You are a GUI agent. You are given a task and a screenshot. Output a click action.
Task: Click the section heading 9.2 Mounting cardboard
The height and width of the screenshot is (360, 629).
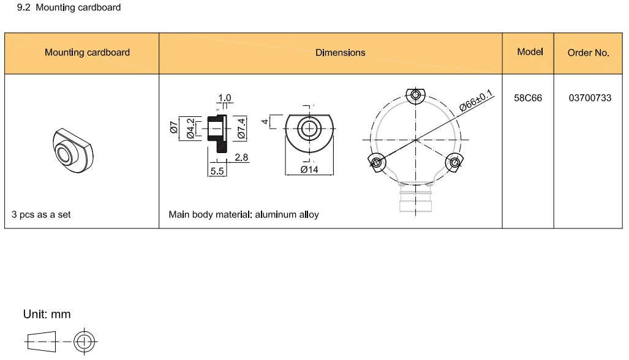point(69,8)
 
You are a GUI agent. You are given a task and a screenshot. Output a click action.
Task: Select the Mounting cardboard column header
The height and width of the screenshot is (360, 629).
point(87,53)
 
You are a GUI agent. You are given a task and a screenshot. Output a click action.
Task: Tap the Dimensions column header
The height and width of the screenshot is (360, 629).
point(340,53)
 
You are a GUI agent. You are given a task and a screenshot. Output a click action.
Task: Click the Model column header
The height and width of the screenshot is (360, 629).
point(530,52)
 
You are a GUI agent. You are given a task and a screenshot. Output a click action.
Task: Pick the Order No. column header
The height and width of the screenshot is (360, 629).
point(588,53)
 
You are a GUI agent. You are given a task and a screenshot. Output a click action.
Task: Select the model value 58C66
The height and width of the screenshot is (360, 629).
point(528,98)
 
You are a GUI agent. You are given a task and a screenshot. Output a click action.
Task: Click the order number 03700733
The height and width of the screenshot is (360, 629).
point(590,98)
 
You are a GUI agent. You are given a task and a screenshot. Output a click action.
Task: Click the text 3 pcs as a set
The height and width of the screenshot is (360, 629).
point(41,215)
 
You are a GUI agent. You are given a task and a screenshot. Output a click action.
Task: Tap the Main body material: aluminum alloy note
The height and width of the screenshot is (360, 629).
point(243,215)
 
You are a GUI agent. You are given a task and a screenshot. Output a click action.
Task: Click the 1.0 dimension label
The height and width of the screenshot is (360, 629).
point(224,98)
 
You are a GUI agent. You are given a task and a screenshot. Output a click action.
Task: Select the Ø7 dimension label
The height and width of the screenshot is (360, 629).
point(174,127)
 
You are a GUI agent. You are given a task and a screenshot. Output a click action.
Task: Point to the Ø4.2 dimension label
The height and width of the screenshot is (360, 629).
point(190,129)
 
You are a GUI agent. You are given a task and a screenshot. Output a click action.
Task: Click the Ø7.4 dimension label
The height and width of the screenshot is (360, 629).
point(241,129)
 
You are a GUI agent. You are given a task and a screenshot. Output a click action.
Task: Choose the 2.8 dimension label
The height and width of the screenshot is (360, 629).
point(241,157)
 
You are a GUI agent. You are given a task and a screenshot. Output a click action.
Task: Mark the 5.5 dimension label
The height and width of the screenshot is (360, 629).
point(217,171)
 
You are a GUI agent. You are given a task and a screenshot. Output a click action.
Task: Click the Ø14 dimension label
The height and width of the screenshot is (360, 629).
point(309,170)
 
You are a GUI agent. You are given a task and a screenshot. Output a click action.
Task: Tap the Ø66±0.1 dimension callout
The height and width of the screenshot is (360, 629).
point(476,99)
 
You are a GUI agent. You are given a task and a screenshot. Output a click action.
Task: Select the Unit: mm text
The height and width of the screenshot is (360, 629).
point(47,315)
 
